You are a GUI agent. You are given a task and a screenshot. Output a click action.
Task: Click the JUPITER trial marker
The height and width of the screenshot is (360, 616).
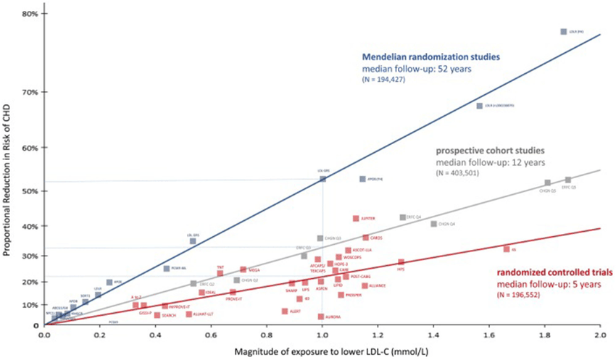[356, 218]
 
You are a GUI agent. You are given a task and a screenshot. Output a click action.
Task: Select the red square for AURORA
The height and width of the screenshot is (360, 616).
[321, 317]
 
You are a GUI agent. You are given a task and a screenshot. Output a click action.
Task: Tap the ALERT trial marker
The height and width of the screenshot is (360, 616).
[285, 311]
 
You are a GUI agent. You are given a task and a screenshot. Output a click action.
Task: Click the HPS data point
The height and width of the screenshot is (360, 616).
[401, 262]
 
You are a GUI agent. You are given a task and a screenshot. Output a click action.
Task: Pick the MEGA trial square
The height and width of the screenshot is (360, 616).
[244, 269]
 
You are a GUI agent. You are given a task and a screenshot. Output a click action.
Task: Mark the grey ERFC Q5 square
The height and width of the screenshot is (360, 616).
[568, 180]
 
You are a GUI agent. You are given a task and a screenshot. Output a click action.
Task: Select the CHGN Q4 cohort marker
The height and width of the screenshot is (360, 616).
[434, 224]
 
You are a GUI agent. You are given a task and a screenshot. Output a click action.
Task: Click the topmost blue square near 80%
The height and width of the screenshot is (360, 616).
[563, 32]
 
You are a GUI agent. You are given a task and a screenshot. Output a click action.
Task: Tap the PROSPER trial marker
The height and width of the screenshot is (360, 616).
[341, 295]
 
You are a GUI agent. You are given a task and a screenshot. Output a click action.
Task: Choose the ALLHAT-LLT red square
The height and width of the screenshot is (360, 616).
[189, 314]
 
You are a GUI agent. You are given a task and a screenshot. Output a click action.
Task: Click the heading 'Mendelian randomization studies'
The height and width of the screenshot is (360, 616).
[430, 56]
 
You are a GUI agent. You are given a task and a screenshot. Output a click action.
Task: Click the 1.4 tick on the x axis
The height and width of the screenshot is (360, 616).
[433, 334]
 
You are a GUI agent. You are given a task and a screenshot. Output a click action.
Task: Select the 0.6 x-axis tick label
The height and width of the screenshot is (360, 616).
[211, 334]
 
